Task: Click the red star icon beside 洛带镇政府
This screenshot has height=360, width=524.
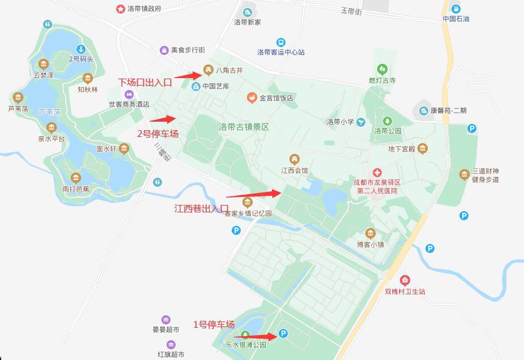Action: (120, 9)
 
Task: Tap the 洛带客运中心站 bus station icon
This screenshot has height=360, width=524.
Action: (281, 42)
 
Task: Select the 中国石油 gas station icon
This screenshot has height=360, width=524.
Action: (456, 9)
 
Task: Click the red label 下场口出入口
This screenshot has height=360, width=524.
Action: (145, 82)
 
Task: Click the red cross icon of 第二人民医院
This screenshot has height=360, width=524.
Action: (377, 172)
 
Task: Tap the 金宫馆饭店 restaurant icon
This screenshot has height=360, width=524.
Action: (252, 98)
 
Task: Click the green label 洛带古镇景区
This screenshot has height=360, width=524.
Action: (244, 127)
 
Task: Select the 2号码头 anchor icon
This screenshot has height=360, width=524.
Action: (80, 49)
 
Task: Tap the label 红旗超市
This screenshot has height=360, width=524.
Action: (171, 354)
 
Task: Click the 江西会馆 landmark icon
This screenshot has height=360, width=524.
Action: (294, 159)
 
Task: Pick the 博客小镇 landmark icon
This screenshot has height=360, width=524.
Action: (370, 233)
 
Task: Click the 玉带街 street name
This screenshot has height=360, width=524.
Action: (351, 11)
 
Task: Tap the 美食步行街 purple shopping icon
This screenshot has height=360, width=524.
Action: (164, 50)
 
